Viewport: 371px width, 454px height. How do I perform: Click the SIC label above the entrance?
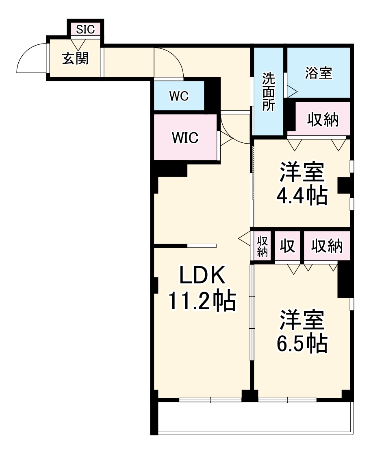tap(85, 29)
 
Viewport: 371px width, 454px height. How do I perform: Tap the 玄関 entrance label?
tap(75, 59)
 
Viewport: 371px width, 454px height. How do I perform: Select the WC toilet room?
tap(179, 96)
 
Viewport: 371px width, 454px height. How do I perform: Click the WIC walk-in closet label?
tap(185, 138)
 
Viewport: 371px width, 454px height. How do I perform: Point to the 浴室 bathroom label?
tap(318, 73)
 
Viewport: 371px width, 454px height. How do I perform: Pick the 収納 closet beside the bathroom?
tap(323, 119)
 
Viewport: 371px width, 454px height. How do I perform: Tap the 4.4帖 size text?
tap(302, 196)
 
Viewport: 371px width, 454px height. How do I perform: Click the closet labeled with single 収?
tap(287, 246)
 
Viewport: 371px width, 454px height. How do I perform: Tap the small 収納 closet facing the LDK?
tap(262, 246)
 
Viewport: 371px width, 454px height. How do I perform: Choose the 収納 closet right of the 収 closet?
tap(327, 246)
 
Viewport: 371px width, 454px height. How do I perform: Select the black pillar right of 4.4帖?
tap(344, 186)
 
